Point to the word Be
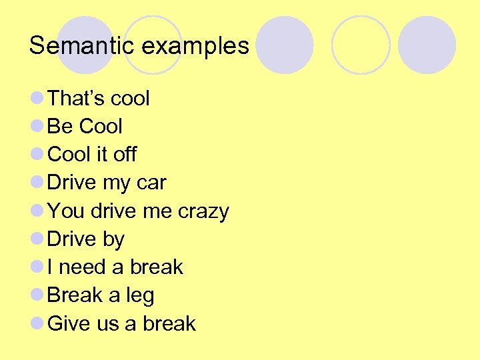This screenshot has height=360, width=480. pos(60,127)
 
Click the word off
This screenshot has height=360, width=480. pos(125,155)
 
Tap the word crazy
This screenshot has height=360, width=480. pos(203,212)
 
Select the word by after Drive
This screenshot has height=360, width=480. pos(113,240)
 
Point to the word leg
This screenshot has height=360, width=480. pos(139,296)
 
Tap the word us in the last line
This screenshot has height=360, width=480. pos(107,325)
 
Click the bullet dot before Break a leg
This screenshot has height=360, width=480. pos(37,295)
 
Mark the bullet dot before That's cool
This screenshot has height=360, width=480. pos(37,98)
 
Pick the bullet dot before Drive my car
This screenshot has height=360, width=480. pos(37,182)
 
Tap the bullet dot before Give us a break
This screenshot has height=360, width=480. pos(37,323)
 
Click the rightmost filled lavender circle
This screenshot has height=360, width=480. pos(427,45)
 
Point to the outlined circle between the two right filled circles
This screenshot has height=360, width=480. pos(361,45)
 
